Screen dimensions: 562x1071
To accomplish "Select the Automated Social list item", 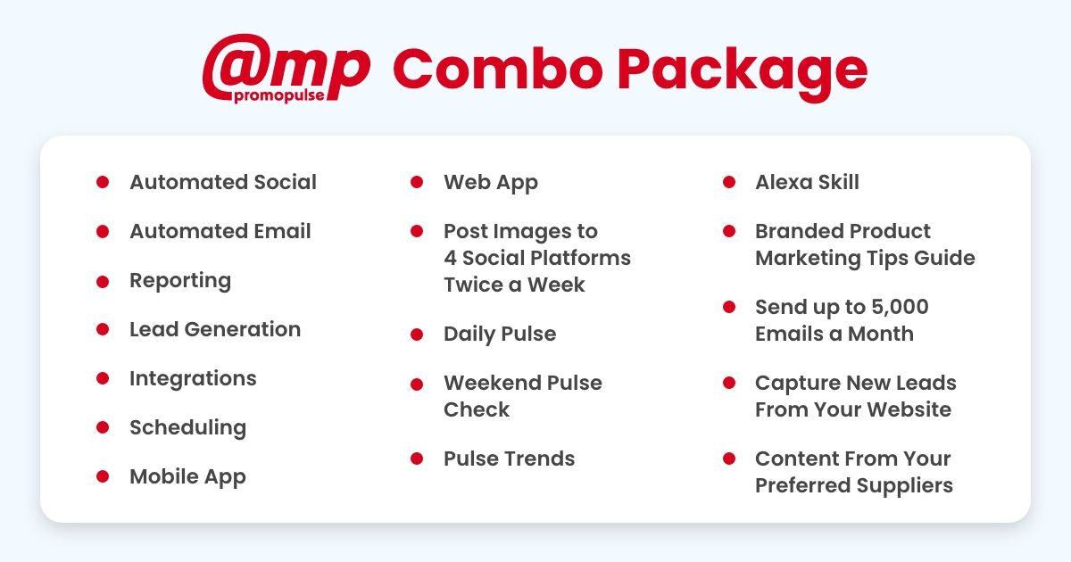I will coord(222,182).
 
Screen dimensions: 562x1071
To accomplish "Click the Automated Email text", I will coord(220,231).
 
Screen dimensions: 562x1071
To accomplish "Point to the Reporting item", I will coord(179,280).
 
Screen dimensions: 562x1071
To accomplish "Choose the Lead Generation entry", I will coord(214,329).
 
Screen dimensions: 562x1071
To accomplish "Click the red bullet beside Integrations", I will coord(103,378).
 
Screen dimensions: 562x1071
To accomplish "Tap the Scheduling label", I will coord(187,427).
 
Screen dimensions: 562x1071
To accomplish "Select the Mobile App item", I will coord(187,476).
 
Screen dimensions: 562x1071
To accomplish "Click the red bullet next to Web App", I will coord(417,182).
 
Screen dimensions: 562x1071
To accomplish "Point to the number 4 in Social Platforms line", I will coord(450,258).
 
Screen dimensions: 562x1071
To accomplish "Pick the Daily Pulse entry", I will coord(499,334).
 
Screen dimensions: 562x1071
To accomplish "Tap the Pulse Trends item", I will coord(509,459).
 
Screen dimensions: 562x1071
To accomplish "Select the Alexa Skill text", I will coord(807,182).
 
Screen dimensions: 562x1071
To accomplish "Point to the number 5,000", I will coord(899,307).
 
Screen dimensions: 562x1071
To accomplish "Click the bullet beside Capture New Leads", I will coord(729,383).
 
